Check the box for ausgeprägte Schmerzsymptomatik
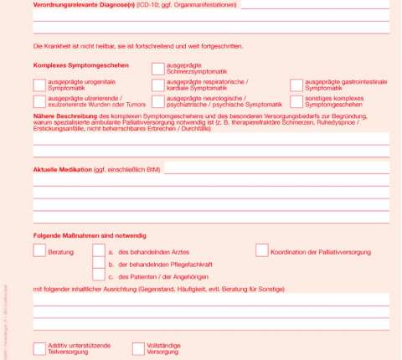tap(158, 69)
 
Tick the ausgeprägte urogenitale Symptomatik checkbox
tap(39, 85)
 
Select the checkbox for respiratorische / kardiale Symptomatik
tap(158, 85)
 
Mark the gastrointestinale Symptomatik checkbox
tap(297, 85)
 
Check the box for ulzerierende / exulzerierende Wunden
tap(39, 101)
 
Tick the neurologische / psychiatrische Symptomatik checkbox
tap(158, 101)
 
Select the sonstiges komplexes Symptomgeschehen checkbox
tap(297, 101)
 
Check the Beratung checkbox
tap(39, 250)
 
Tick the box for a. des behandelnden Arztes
tap(99, 250)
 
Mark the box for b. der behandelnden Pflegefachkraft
tap(99, 263)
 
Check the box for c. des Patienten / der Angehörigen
tap(99, 275)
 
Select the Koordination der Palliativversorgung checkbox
tap(262, 250)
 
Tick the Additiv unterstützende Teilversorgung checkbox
tap(39, 348)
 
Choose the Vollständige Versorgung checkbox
tap(138, 348)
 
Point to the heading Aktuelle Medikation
tap(63, 169)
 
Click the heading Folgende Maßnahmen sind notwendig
tap(85, 234)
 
